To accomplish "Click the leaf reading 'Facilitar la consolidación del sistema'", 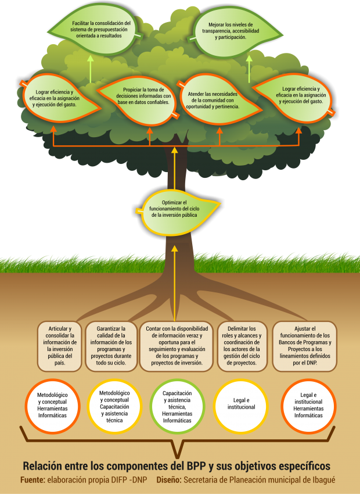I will pyautogui.click(x=96, y=30).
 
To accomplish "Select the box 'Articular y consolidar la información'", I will pyautogui.click(x=59, y=346).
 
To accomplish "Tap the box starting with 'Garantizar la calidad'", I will pyautogui.click(x=111, y=346).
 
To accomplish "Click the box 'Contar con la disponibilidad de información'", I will pyautogui.click(x=177, y=346).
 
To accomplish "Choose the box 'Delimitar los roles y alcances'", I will pyautogui.click(x=242, y=346).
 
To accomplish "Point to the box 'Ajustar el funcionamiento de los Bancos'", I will pyautogui.click(x=305, y=346).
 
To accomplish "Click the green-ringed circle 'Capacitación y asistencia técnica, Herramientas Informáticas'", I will pyautogui.click(x=177, y=407).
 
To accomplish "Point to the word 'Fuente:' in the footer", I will pyautogui.click(x=33, y=481).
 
